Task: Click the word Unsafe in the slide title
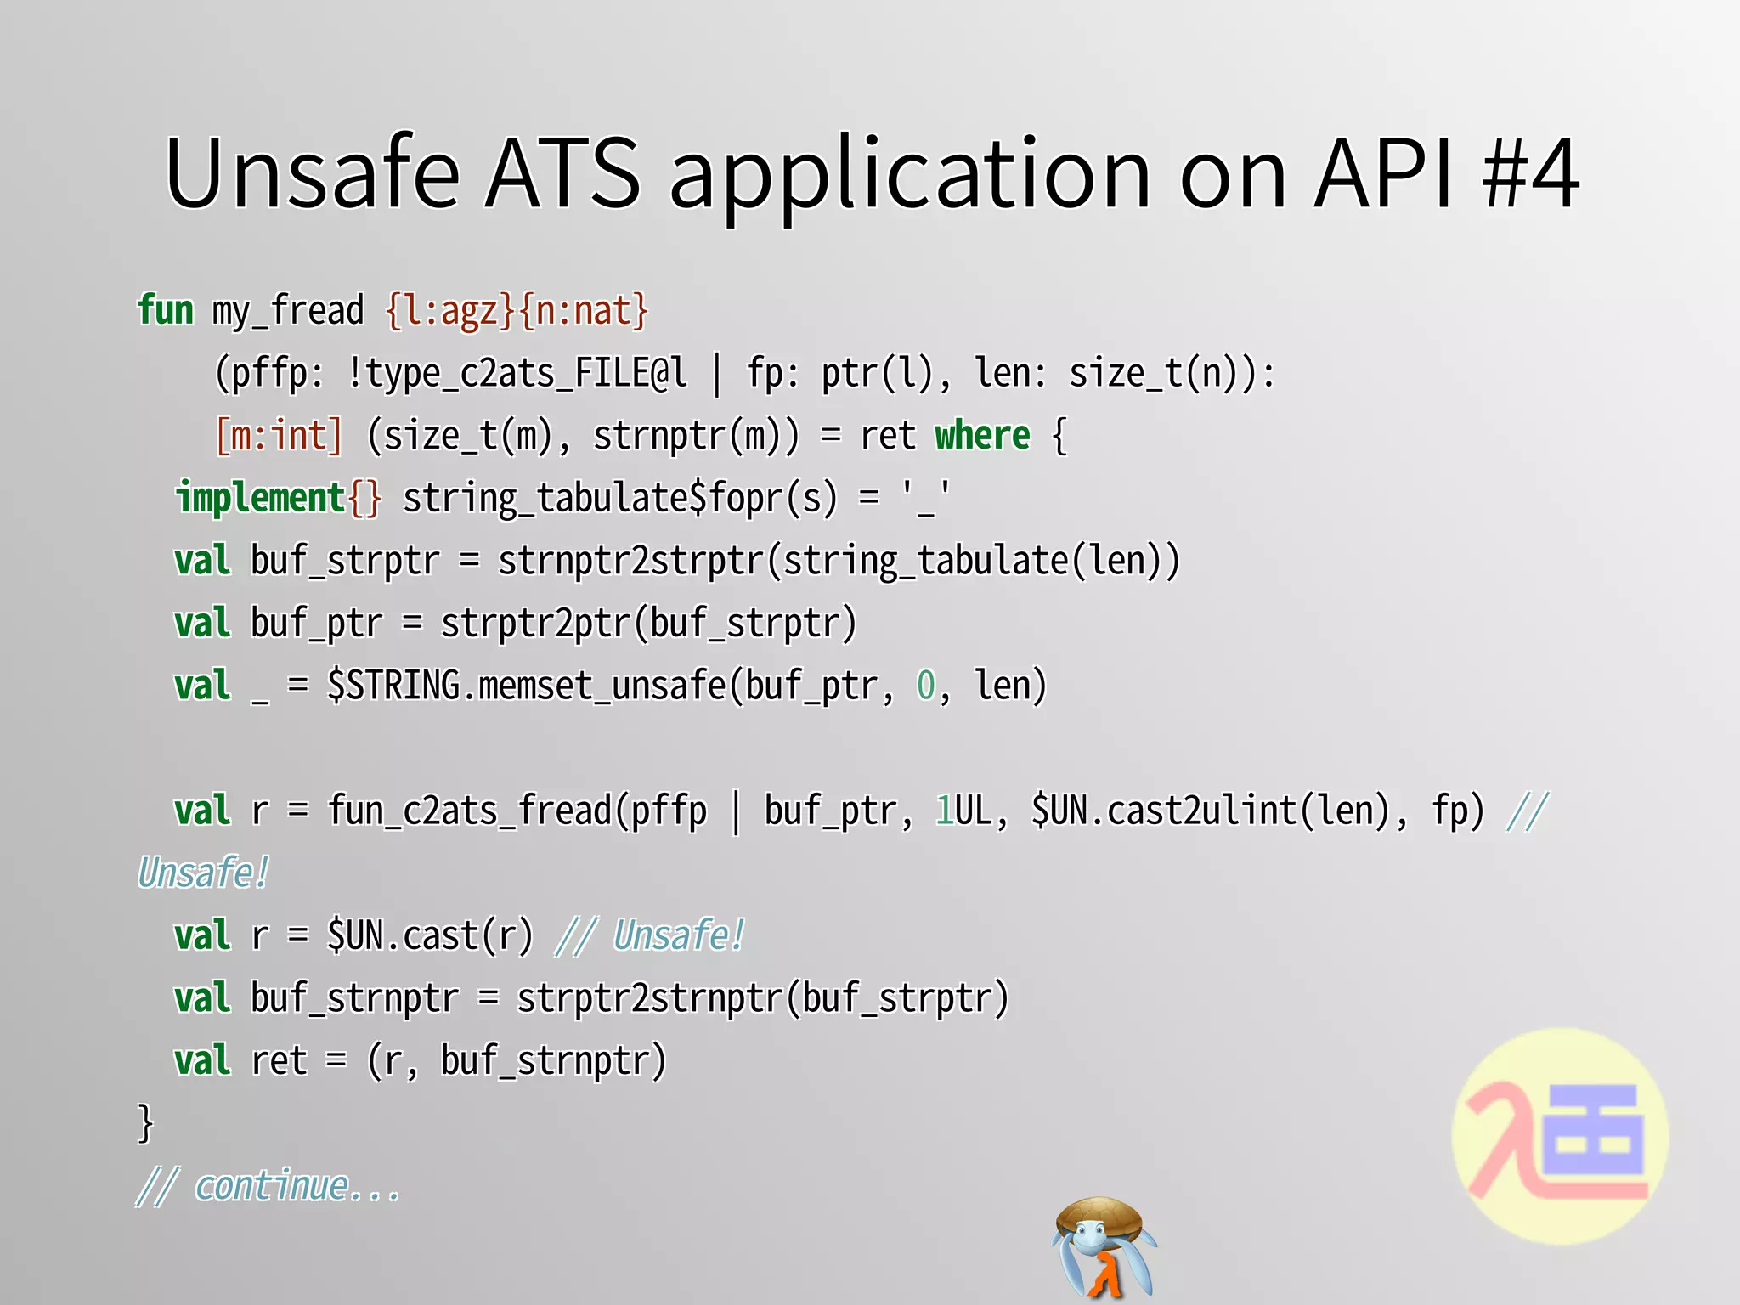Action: click(x=313, y=174)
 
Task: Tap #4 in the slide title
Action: click(x=1529, y=174)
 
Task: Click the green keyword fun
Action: click(x=166, y=310)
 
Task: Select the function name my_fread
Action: click(x=288, y=312)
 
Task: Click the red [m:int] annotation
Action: click(x=279, y=437)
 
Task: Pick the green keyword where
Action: click(x=982, y=437)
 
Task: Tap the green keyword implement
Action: click(x=260, y=499)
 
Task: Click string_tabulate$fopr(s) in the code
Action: click(x=619, y=499)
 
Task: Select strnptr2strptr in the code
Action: click(x=631, y=562)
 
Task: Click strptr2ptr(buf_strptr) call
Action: click(x=648, y=624)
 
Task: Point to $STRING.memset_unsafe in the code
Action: click(x=527, y=686)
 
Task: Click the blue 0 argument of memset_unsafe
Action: click(x=925, y=686)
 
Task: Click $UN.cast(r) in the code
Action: click(x=430, y=936)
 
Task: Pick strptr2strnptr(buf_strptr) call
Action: click(x=762, y=999)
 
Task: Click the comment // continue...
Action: click(x=268, y=1186)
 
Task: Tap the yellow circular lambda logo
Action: click(x=1560, y=1137)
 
